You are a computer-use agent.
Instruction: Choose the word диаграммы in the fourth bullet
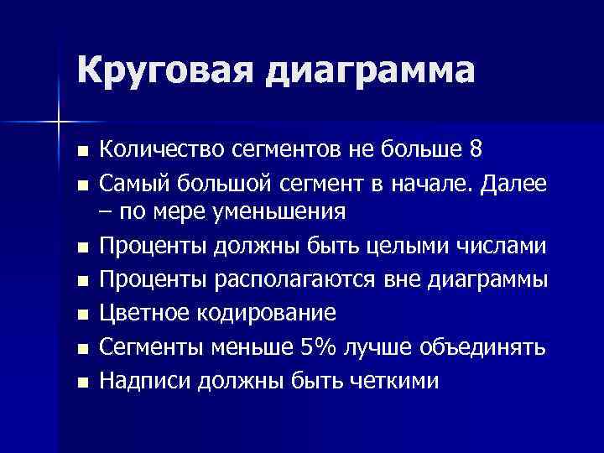click(491, 280)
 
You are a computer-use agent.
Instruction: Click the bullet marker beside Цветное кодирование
click(81, 315)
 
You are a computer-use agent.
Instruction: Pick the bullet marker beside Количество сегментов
click(81, 152)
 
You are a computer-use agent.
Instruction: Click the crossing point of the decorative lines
click(60, 122)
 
